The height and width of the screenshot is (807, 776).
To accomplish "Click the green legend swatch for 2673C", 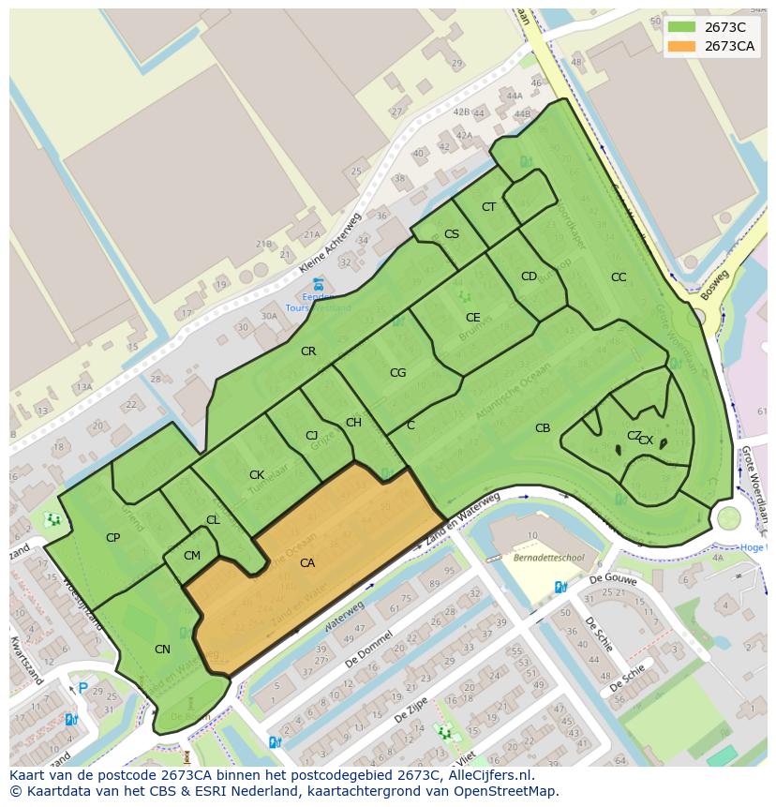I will (681, 27).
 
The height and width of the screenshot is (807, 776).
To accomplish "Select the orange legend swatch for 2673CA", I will (681, 46).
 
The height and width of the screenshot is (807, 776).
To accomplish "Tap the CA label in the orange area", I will (307, 563).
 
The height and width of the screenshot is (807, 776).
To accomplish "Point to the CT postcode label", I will (488, 207).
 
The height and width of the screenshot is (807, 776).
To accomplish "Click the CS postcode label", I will (452, 234).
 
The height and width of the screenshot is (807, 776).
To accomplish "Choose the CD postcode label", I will (529, 276).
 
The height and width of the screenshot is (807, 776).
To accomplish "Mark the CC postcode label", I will (619, 277).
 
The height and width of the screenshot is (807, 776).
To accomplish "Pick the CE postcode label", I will (473, 318).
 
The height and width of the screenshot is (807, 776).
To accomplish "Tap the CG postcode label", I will (397, 373).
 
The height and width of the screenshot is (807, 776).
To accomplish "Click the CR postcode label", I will (308, 351).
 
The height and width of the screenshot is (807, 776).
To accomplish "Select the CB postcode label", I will (543, 428).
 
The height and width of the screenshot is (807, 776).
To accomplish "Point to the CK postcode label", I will (256, 475).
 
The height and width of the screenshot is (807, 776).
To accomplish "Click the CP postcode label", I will (112, 538).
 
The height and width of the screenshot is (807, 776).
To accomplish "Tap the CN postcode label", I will (162, 649).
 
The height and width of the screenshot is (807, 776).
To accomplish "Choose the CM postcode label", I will (191, 556).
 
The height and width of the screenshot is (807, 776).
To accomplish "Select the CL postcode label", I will (213, 520).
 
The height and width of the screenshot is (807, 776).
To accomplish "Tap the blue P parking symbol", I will (82, 689).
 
